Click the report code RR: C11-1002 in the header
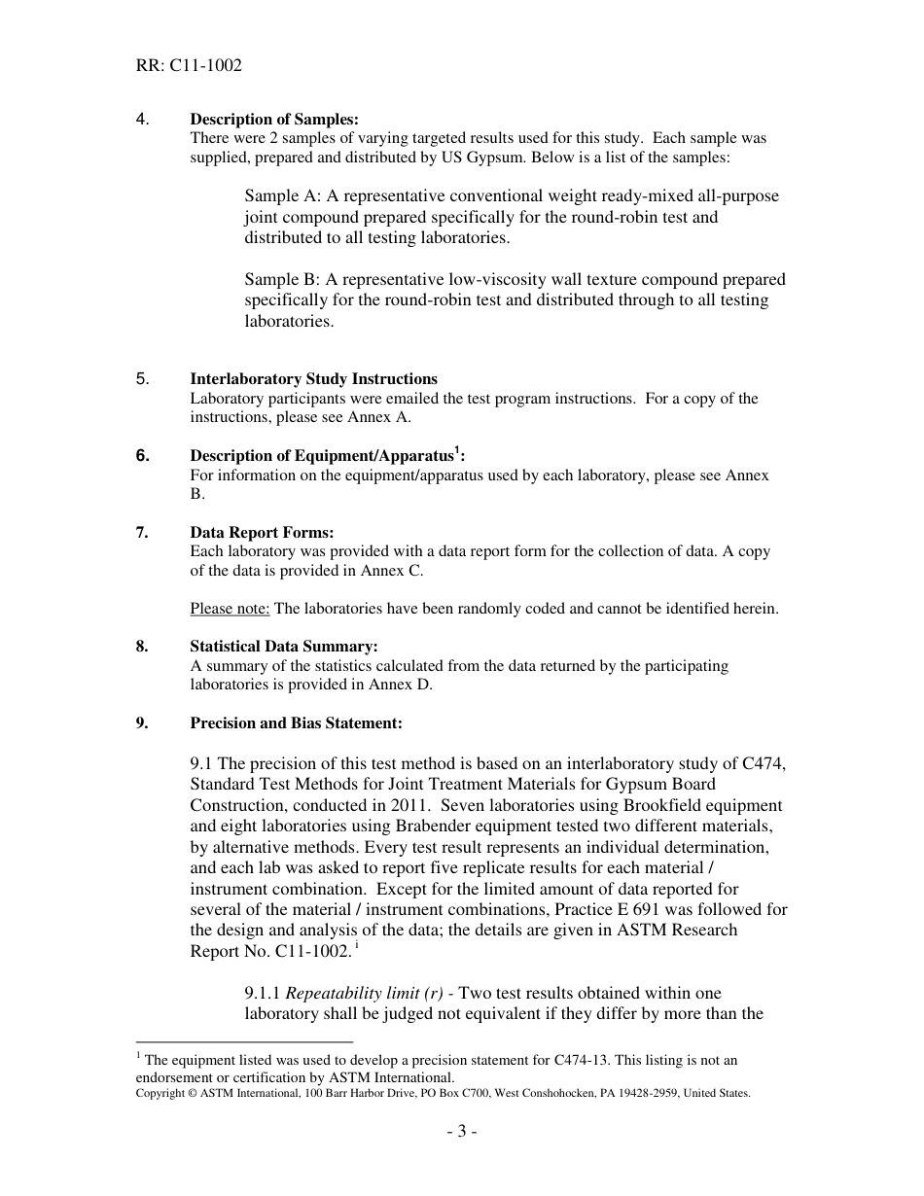tap(189, 66)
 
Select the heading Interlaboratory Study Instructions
tap(313, 379)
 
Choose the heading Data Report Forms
tap(262, 532)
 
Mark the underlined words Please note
tap(230, 609)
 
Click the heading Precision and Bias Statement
tap(296, 722)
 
